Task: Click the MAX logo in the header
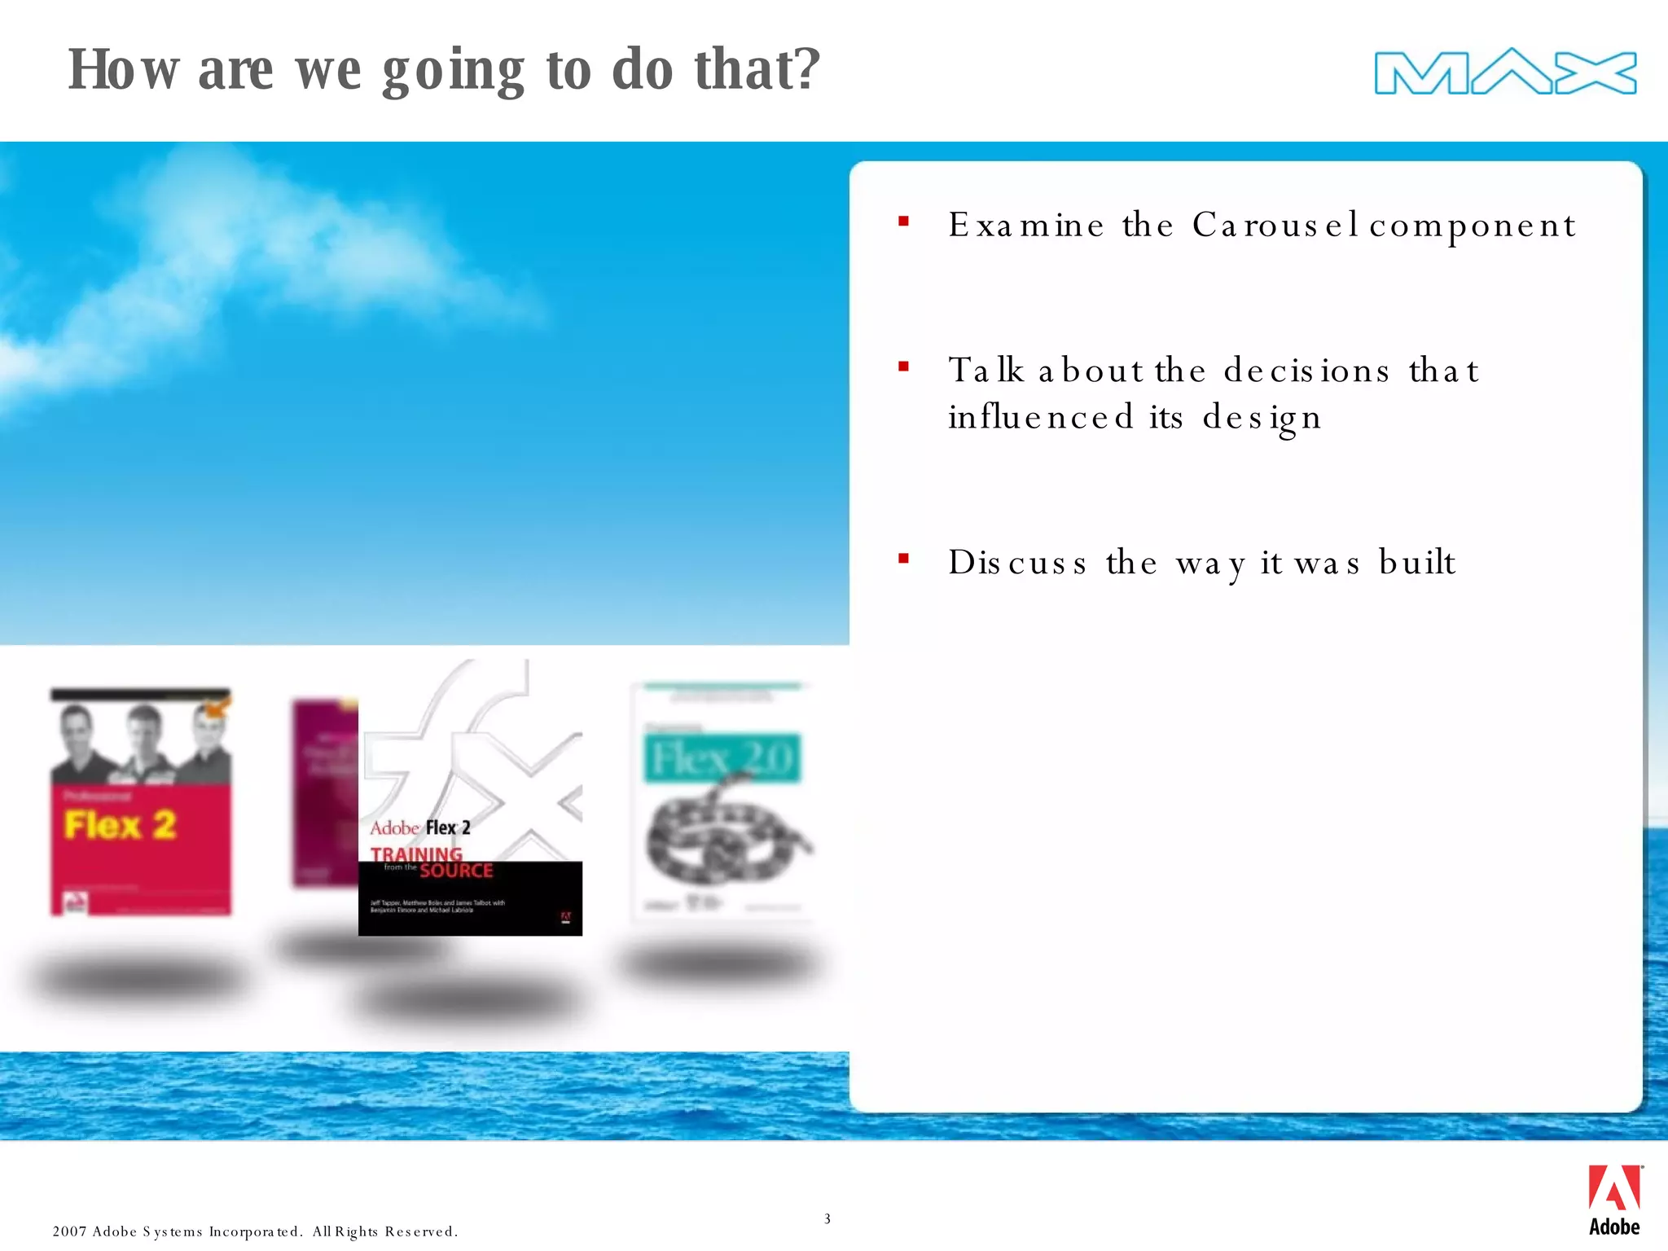click(1505, 72)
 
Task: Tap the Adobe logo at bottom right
click(1613, 1200)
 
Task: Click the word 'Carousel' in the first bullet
click(1275, 225)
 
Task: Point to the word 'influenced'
click(1040, 417)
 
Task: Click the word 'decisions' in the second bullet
click(1306, 371)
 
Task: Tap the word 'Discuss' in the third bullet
click(1017, 563)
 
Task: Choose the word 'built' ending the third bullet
click(1416, 562)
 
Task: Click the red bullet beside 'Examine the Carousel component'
click(903, 221)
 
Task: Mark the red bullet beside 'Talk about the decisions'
click(903, 367)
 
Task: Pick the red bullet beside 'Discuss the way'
click(903, 559)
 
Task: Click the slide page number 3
click(827, 1218)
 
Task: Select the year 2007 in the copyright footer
click(69, 1231)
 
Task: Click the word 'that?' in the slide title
click(757, 70)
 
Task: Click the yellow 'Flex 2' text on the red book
click(121, 825)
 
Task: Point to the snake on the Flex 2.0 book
click(725, 839)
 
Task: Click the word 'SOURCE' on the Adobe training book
click(456, 871)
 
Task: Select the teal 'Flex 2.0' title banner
click(722, 758)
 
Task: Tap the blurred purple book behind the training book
click(325, 790)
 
